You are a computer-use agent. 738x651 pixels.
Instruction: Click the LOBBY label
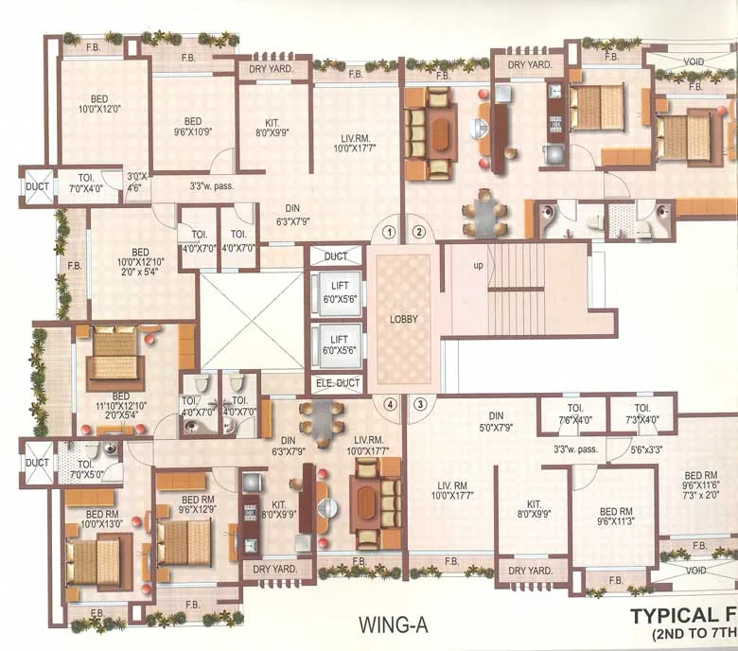click(x=403, y=320)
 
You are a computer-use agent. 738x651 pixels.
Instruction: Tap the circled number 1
click(x=388, y=231)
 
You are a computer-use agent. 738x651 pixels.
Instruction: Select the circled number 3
click(x=419, y=404)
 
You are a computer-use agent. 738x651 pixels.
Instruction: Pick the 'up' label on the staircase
click(x=479, y=266)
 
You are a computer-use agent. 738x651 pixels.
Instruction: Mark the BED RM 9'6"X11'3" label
click(x=616, y=516)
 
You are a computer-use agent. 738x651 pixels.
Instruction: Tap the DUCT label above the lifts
click(x=336, y=256)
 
